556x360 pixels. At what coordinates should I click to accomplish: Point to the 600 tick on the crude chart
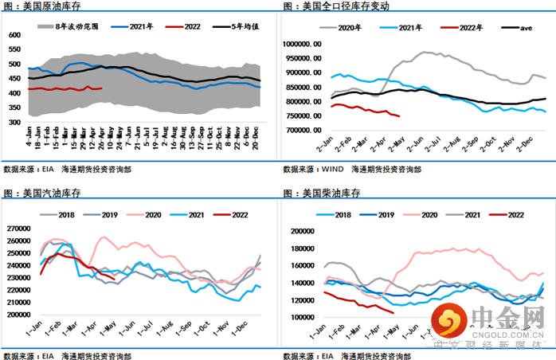point(15,36)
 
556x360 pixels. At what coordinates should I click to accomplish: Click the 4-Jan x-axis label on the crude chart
point(29,140)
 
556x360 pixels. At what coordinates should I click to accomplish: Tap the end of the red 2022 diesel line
point(394,312)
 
